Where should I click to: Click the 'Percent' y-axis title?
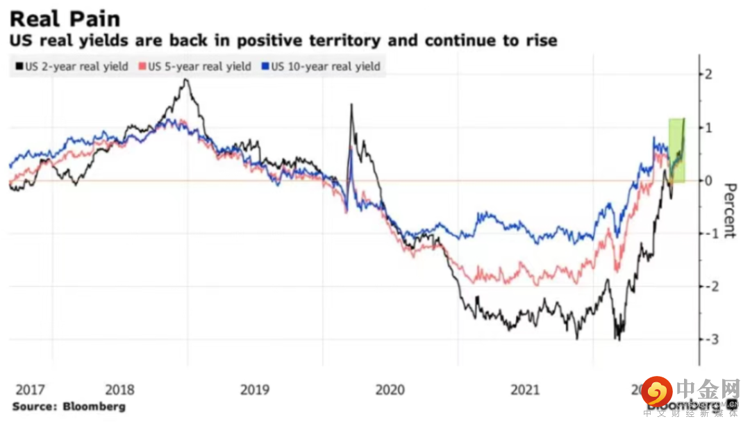730,211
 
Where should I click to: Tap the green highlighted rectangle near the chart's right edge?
676,151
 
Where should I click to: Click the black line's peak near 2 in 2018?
186,80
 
